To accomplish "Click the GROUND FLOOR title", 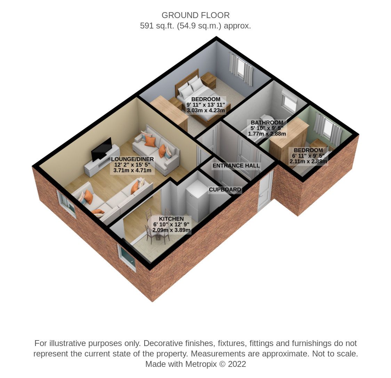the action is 195,15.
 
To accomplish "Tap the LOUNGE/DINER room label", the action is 132,159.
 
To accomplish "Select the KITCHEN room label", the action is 171,219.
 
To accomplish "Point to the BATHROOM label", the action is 267,122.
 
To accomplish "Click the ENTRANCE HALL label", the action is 236,166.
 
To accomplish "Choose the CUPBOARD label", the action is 225,189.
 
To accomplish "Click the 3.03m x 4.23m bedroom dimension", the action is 206,110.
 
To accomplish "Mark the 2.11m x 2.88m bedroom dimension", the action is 308,161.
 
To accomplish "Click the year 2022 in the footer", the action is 237,364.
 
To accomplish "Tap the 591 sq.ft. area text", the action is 157,26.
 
